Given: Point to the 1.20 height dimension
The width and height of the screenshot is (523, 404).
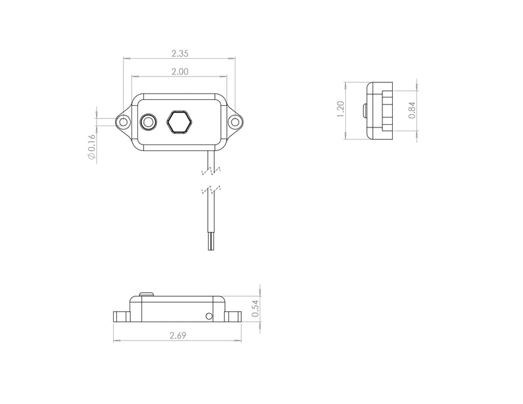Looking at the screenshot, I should click(339, 110).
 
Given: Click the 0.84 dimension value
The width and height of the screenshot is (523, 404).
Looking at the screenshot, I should click(411, 110).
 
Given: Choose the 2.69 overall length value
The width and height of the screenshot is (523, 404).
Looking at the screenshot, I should click(177, 336).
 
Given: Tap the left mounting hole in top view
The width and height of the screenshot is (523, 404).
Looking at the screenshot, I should click(122, 122).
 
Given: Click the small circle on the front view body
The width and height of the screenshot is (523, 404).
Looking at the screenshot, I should click(209, 316).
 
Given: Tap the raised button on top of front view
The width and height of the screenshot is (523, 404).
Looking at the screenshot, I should click(146, 294).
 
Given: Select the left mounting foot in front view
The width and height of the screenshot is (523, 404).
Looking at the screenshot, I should click(122, 316).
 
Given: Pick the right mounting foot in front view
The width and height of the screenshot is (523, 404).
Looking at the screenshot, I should click(235, 316).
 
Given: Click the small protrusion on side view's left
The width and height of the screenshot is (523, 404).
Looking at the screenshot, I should click(363, 110).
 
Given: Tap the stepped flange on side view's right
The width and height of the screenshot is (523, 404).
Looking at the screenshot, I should click(391, 110).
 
